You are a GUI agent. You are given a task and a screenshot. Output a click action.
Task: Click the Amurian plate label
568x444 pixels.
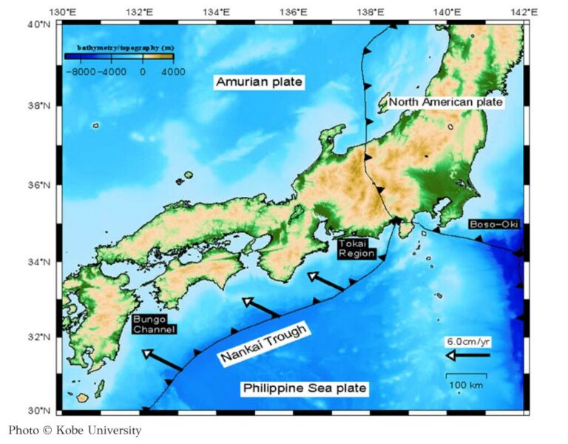(259, 82)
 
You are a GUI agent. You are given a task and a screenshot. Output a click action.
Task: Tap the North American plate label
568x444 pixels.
(446, 102)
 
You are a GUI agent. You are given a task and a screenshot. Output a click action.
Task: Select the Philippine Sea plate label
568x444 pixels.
(305, 388)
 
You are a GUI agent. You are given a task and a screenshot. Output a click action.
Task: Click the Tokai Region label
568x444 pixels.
(357, 248)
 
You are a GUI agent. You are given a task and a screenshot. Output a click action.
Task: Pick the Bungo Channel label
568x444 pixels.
(153, 323)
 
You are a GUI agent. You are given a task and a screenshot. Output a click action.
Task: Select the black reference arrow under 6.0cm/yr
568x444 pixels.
(467, 355)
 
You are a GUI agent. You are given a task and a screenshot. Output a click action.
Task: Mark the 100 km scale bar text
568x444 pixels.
(465, 386)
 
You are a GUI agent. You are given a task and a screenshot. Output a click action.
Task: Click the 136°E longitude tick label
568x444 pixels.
(294, 13)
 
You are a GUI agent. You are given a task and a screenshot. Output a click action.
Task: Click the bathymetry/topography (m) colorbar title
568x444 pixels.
(119, 47)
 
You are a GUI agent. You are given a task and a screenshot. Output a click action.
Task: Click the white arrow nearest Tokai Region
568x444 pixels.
(325, 281)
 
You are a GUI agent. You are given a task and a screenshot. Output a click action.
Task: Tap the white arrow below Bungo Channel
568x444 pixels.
(162, 360)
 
